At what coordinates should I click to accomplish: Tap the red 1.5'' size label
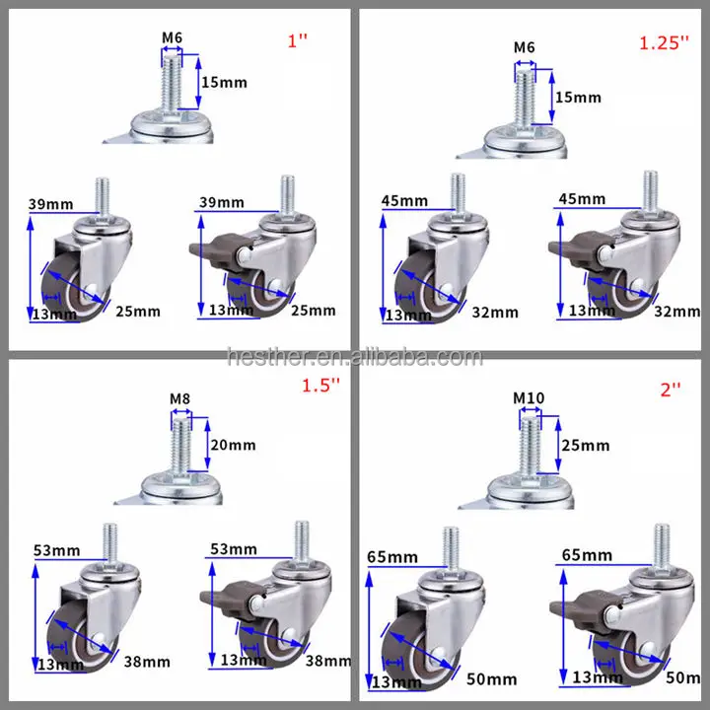point(319,388)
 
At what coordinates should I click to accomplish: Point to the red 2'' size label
point(672,390)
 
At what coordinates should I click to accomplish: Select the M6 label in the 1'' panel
point(174,39)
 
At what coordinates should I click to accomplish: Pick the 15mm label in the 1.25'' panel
point(577,97)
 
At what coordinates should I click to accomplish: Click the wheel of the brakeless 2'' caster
point(415,642)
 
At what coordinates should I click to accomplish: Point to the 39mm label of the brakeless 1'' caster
point(51,203)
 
